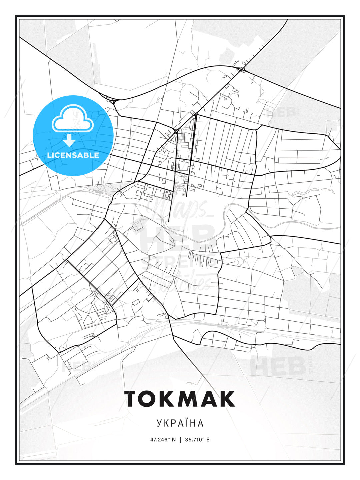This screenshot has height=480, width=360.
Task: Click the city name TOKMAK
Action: click(x=180, y=399)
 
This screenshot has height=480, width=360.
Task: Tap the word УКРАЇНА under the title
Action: click(x=180, y=423)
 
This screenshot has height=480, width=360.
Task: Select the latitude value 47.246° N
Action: click(x=163, y=440)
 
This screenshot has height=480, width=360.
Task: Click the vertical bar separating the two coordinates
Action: click(x=180, y=440)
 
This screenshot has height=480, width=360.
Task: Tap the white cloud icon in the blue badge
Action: click(x=73, y=119)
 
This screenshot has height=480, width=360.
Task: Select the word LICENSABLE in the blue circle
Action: click(x=73, y=155)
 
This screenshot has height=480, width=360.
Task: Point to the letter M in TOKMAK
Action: click(x=191, y=399)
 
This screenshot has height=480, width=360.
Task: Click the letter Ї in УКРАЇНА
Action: click(x=185, y=423)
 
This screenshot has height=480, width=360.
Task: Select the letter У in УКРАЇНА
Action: click(x=159, y=423)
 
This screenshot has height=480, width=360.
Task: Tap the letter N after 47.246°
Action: click(x=174, y=440)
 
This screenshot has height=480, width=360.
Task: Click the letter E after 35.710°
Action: click(x=208, y=440)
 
